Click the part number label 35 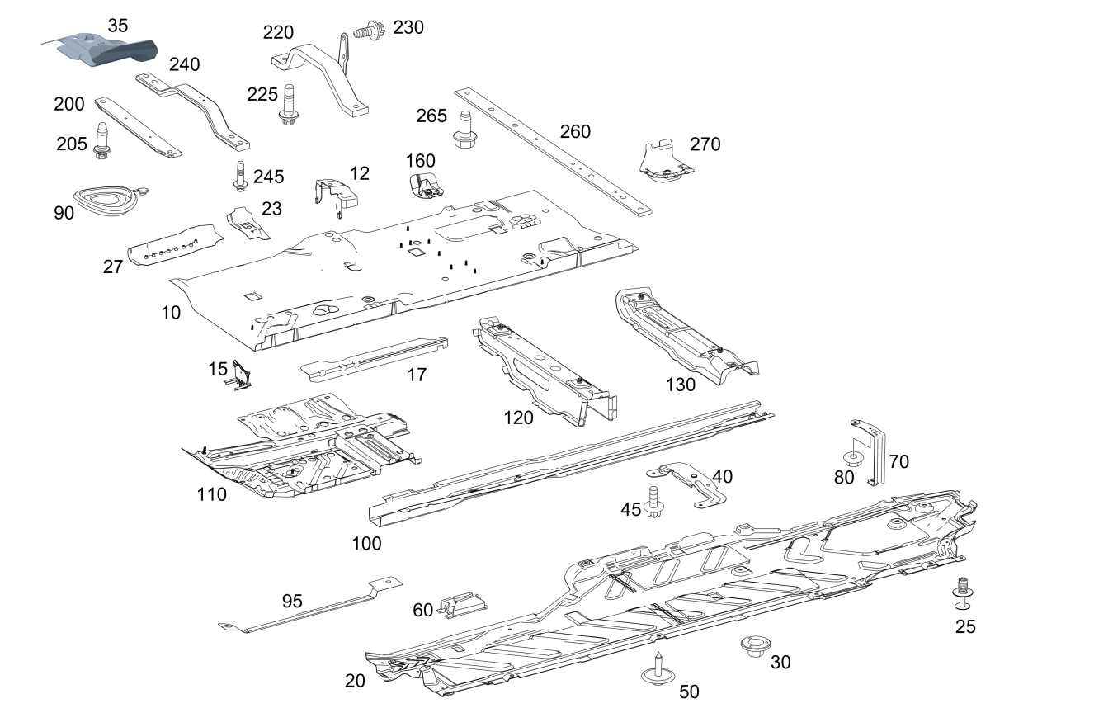(x=118, y=26)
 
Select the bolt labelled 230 (x=364, y=32)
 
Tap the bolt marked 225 (x=289, y=103)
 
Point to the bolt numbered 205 (x=101, y=140)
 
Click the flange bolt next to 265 (x=464, y=128)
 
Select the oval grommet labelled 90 (x=106, y=199)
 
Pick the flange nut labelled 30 (x=752, y=646)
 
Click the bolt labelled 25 (x=962, y=592)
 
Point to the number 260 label (x=575, y=131)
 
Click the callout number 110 (x=211, y=494)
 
